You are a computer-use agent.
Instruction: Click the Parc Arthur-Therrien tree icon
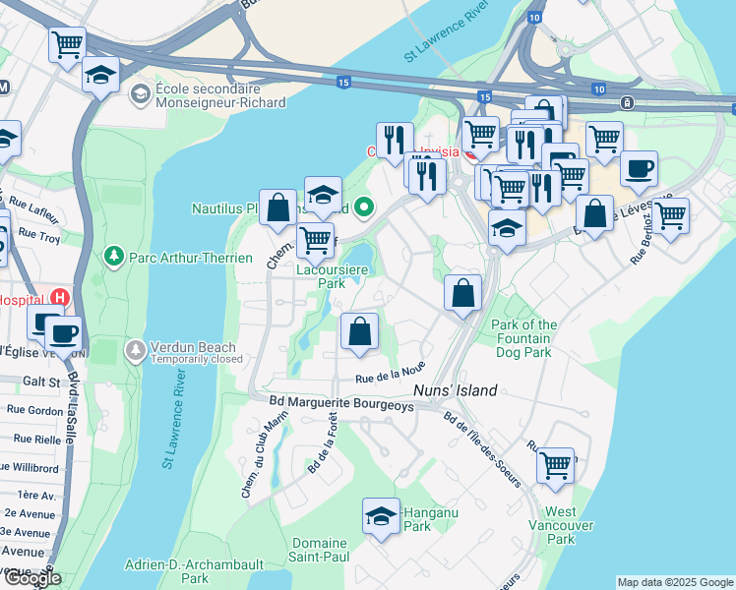[113, 257]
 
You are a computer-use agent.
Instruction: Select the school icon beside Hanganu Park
[382, 516]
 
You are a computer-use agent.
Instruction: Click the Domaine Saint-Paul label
[319, 550]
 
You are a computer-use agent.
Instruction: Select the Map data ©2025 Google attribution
[674, 582]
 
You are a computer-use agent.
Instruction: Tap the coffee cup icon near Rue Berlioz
[639, 169]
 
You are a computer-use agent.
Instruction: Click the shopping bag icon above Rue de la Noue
[361, 331]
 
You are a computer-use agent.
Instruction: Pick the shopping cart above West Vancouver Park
[555, 464]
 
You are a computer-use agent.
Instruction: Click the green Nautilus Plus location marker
[365, 207]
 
